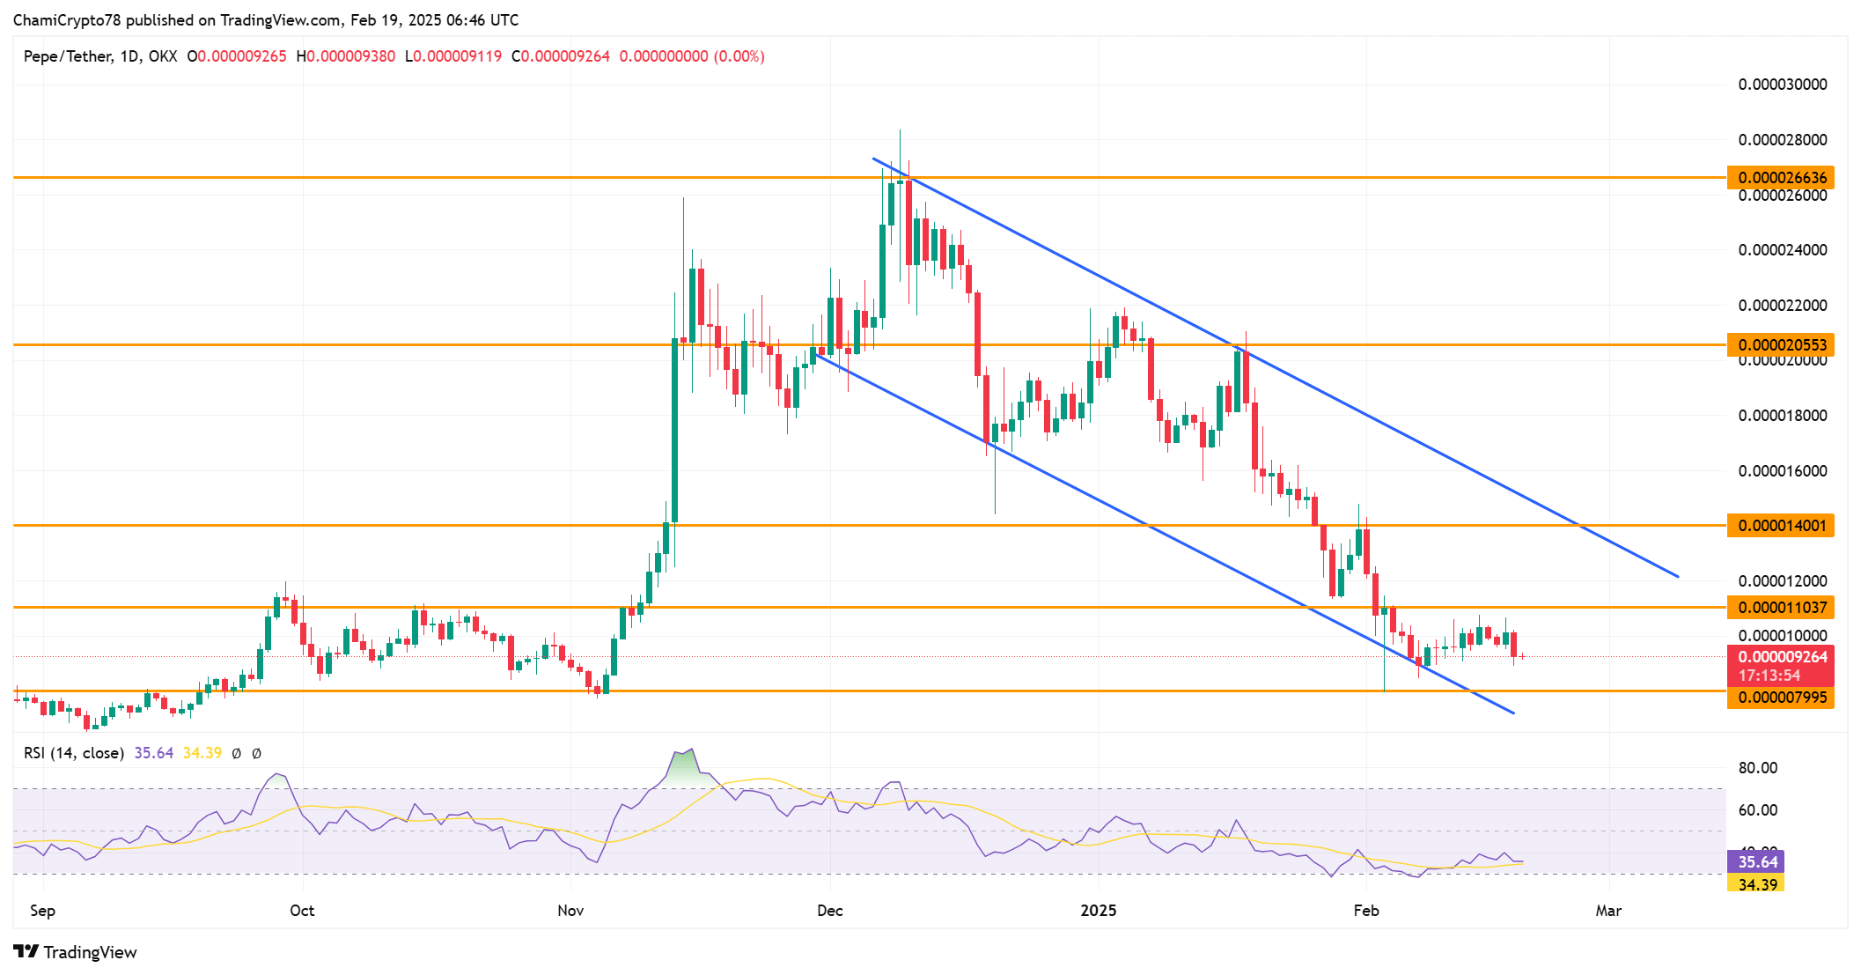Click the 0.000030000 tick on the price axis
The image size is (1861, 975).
1782,85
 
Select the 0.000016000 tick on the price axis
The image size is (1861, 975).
1782,471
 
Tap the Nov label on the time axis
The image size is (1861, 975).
570,910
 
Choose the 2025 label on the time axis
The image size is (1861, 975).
1098,910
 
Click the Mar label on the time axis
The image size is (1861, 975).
1607,910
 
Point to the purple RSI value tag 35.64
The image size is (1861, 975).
1757,861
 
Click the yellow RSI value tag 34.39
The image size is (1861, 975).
1757,884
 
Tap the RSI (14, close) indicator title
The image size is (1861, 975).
74,753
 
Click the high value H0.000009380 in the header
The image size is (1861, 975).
345,56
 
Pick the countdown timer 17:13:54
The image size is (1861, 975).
1769,676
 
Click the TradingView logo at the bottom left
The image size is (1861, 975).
76,952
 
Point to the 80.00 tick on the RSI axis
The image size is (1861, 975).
1757,768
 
